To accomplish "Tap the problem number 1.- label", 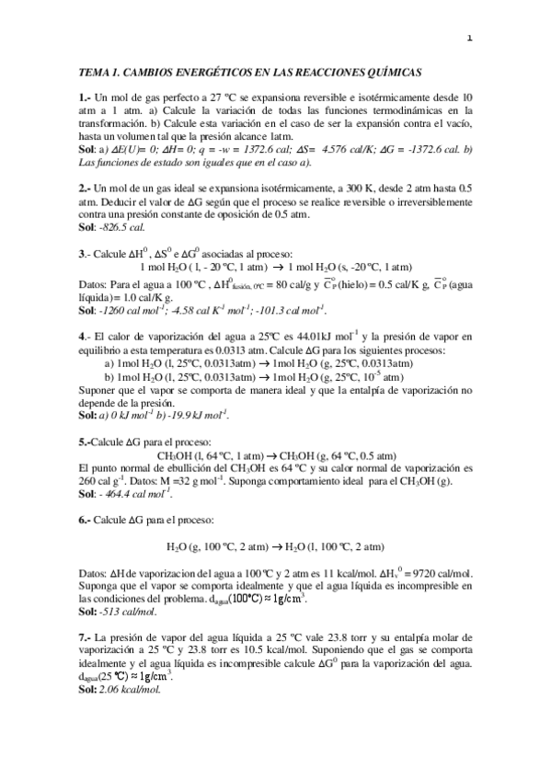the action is click(85, 96).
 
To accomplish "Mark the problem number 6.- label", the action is click(85, 521).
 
